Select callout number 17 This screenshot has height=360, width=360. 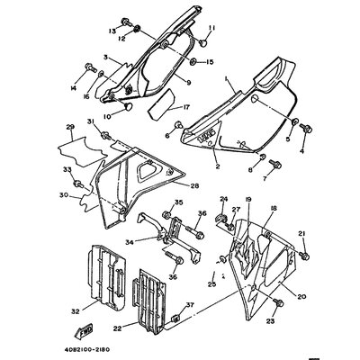pyautogui.click(x=186, y=108)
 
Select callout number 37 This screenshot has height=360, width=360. pyautogui.click(x=188, y=306)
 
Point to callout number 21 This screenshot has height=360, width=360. pyautogui.click(x=302, y=232)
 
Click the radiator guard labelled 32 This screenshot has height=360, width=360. pyautogui.click(x=109, y=279)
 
